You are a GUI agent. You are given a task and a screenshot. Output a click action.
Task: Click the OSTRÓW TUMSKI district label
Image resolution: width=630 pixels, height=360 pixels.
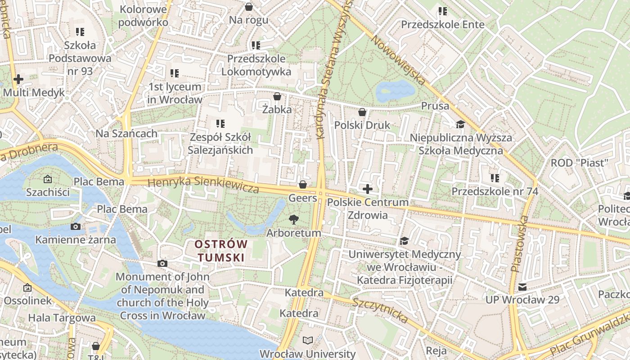(221, 251)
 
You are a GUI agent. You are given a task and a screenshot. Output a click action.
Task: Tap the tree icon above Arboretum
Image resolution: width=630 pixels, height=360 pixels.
(294, 219)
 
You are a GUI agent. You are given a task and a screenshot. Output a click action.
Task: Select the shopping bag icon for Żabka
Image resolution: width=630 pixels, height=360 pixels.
(277, 96)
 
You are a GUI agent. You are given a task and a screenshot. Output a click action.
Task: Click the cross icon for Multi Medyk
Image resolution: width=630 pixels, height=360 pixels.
(18, 79)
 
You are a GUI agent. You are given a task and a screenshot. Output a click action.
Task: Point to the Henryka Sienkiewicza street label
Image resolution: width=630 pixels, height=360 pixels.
(203, 184)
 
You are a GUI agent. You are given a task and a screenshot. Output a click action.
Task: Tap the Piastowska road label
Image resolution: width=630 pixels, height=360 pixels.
(519, 243)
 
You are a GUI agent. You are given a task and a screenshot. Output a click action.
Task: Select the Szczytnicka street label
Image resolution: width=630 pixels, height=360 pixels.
(380, 310)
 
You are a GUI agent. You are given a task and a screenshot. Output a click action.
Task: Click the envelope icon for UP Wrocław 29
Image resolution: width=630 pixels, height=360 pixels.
(522, 287)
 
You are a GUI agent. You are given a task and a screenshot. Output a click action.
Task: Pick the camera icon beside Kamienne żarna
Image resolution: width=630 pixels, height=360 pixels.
(76, 226)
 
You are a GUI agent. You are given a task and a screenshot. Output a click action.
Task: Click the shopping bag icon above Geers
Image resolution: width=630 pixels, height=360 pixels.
(303, 184)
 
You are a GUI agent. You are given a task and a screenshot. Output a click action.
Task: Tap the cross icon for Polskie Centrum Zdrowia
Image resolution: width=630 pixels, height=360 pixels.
(368, 189)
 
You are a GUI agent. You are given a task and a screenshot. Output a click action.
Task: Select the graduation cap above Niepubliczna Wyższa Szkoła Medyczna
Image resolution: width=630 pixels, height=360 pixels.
(460, 124)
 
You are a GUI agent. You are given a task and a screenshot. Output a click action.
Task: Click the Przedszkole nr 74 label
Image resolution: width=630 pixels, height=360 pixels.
(495, 191)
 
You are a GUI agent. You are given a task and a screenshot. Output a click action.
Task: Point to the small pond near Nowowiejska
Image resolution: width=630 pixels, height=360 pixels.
(395, 91)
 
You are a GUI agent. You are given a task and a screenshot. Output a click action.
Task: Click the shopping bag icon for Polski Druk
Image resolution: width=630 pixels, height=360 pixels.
(362, 112)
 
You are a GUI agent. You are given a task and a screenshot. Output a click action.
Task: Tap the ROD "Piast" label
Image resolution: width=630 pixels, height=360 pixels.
(580, 162)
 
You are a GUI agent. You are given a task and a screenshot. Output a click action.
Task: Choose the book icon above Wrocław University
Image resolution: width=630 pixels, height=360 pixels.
(308, 340)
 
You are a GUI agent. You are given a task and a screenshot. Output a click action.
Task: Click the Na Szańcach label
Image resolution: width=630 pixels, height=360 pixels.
(126, 133)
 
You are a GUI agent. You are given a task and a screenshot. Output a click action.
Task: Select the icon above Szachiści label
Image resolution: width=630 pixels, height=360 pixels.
(48, 179)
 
